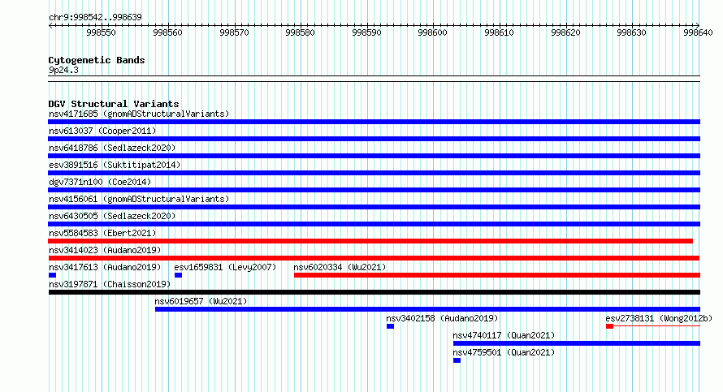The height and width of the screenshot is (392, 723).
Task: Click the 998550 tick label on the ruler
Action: coord(101,32)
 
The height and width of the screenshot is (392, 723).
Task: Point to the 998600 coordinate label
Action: coord(432,32)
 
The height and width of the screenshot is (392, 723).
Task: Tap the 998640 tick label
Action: coord(698,32)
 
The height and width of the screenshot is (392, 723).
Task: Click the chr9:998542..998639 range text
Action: coord(95,18)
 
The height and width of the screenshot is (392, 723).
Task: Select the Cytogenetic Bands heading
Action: coord(97,60)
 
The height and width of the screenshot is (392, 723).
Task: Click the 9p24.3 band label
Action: coord(63,70)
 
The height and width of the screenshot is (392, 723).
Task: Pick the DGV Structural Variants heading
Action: coord(114,104)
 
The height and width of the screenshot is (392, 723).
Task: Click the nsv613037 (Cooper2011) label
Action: coord(102,131)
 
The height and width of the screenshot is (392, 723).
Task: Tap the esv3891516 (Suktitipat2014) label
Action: coord(115,165)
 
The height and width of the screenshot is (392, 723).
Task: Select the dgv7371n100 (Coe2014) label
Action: coord(100,182)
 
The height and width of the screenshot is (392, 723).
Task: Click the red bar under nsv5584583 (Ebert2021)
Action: coord(370,241)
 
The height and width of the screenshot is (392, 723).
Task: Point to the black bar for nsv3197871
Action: coord(374,292)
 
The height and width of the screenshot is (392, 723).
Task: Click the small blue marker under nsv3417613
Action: coord(52,275)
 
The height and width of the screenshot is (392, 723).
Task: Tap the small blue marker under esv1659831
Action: coord(178,275)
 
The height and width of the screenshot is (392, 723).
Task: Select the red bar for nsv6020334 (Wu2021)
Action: coord(497,275)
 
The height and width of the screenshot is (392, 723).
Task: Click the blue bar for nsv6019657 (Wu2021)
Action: coord(427,309)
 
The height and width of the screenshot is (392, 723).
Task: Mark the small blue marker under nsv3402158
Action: coord(390,326)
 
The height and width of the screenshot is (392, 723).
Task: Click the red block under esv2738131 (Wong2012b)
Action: coord(609,326)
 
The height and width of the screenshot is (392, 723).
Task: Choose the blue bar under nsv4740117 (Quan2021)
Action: coord(577,343)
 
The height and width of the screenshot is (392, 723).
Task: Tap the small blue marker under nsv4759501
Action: coord(457,360)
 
